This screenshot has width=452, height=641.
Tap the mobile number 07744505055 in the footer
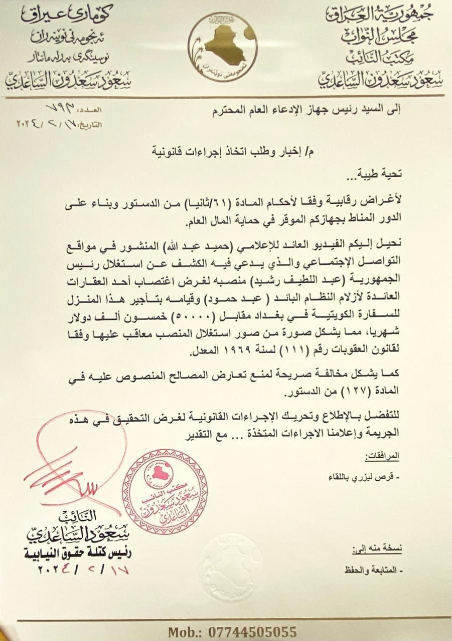click(232, 631)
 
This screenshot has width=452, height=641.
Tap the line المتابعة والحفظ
click(374, 570)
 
